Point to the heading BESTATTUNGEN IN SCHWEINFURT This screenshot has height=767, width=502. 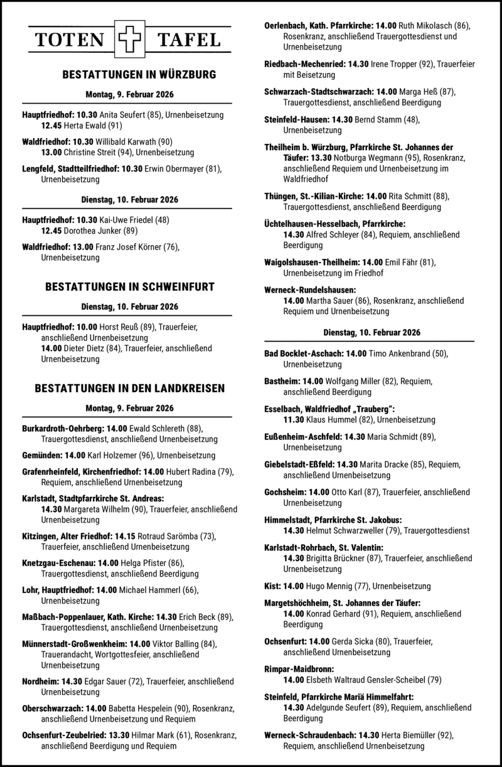tap(130, 287)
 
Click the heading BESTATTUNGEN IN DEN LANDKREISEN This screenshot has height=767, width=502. tap(130, 389)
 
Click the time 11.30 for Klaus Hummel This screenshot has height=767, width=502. tap(294, 418)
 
